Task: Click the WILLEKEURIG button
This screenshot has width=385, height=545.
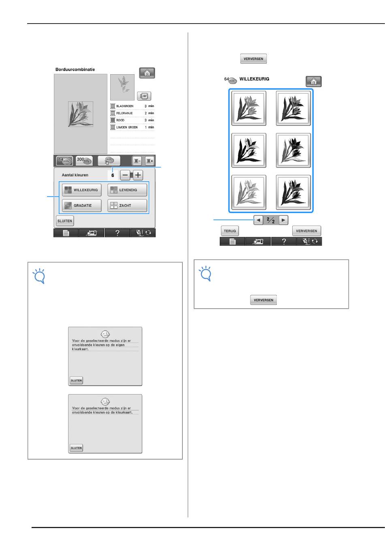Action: coord(82,190)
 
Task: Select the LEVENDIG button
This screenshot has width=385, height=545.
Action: coord(127,190)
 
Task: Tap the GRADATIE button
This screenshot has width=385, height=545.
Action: coord(82,205)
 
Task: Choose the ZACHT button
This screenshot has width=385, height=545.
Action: coord(127,205)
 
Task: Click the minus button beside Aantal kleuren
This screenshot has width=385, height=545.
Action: coord(125,175)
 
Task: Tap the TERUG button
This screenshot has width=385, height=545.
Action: coord(230,231)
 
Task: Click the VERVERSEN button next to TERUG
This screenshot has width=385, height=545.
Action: coord(306,231)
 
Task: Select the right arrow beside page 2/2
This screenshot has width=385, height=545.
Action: coord(283,220)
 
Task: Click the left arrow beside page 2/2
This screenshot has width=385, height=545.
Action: coord(258,220)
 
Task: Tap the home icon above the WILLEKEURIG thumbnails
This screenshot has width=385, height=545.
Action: coord(314,82)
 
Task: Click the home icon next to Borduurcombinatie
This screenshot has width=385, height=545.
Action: coord(147,73)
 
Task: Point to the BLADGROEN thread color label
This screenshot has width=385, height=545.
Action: coord(125,106)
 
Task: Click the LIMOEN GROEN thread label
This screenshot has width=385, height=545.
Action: coord(127,127)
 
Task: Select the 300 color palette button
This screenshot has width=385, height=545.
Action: coord(84,160)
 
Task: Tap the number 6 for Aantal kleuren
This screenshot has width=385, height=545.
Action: coord(113,175)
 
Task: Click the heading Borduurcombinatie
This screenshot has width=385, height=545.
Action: coord(75,69)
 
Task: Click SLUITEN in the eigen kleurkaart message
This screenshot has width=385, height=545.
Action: coord(76,380)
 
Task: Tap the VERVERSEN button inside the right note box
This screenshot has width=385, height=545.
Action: coord(263,300)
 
